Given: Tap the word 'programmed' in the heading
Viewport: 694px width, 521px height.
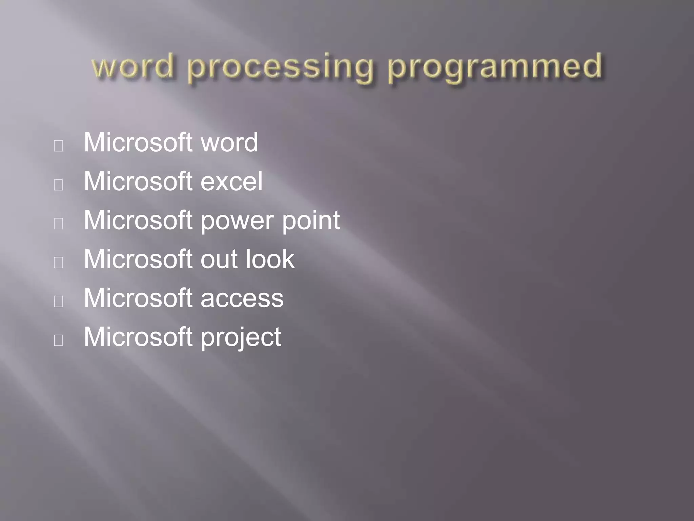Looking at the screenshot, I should pyautogui.click(x=495, y=68).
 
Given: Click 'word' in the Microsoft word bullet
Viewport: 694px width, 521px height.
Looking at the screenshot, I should pyautogui.click(x=229, y=142).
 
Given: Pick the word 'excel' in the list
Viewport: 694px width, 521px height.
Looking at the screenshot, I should pyautogui.click(x=231, y=181).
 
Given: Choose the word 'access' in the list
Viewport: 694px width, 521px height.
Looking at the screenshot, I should pyautogui.click(x=242, y=298).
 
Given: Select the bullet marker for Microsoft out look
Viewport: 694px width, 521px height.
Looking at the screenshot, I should pyautogui.click(x=59, y=263).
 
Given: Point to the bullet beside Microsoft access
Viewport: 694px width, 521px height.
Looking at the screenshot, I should pyautogui.click(x=59, y=302).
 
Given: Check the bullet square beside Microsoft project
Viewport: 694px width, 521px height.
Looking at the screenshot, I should pyautogui.click(x=59, y=340).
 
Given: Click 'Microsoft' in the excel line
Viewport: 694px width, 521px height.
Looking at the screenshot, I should pyautogui.click(x=138, y=181).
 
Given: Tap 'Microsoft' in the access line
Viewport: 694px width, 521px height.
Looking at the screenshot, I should pyautogui.click(x=138, y=298).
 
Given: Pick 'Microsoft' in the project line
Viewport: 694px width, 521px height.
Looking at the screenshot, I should pyautogui.click(x=138, y=337).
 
